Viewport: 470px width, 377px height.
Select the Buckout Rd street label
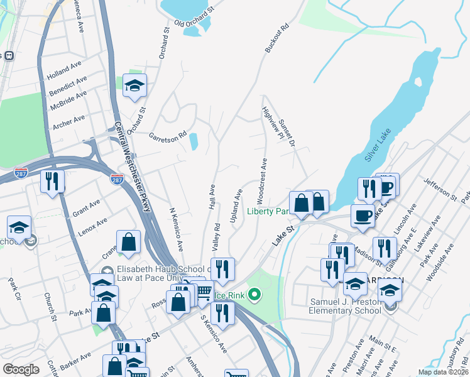(x=276, y=38)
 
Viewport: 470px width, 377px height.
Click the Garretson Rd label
(x=168, y=135)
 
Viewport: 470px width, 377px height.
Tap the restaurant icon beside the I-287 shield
(x=52, y=181)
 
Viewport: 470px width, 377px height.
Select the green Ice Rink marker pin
(x=254, y=293)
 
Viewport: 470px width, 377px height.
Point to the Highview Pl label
(x=265, y=121)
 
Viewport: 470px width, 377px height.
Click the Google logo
(x=21, y=369)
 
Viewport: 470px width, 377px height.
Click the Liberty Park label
(x=267, y=211)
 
